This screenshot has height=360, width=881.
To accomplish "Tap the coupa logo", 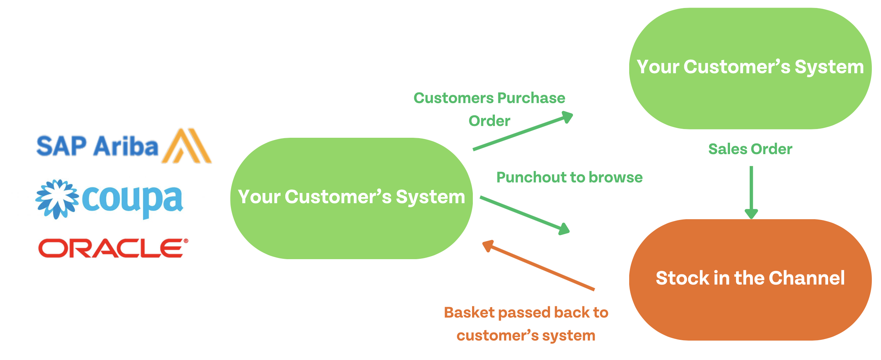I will tap(110, 199).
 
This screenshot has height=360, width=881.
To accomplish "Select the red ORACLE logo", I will tap(113, 248).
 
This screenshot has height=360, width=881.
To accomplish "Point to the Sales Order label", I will tap(750, 149).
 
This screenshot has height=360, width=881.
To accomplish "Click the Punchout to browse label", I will tap(569, 177).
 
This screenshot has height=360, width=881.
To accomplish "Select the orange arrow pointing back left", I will tap(538, 266).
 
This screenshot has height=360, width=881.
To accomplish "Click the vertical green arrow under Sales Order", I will tap(751, 192).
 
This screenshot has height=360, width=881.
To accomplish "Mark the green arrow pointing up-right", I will tap(523, 131).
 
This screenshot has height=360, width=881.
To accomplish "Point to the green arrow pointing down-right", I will tap(525, 215).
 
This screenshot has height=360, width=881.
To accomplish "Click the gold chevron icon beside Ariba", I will tap(186, 147).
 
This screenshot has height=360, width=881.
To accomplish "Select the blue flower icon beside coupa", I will tap(57, 199).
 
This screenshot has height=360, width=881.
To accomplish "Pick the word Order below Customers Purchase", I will tap(489, 121).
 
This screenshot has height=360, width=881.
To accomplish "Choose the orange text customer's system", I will tap(526, 336).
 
